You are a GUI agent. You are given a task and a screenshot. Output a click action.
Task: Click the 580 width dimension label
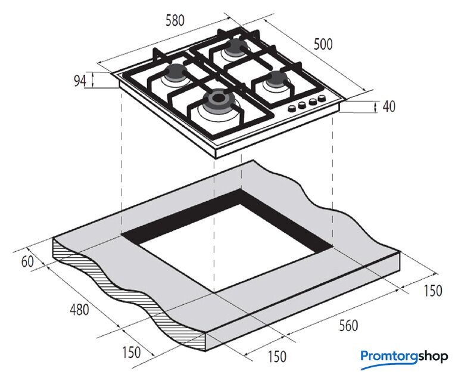pos(175,21)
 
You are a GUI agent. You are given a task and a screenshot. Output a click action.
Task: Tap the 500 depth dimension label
pos(323,45)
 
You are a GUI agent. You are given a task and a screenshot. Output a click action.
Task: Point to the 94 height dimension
pos(80,81)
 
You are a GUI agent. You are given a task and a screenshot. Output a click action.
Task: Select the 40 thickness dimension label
pos(389,106)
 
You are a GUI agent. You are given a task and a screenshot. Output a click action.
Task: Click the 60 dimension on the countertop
pos(27,261)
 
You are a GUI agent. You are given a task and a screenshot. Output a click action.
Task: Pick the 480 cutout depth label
pos(79,310)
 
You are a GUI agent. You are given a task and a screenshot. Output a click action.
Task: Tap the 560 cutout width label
pos(348,325)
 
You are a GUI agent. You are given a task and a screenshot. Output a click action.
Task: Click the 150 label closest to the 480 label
pos(131,352)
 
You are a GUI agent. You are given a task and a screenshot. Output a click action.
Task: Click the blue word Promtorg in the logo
pos(390,357)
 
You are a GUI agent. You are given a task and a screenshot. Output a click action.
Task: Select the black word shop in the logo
pos(434,357)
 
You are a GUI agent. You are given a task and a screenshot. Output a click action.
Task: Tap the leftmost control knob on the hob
pos(291,109)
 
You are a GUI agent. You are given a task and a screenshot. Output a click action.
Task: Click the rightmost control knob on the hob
pos(321,99)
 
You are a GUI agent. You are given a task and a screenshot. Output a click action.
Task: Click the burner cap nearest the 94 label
pos(175,73)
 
